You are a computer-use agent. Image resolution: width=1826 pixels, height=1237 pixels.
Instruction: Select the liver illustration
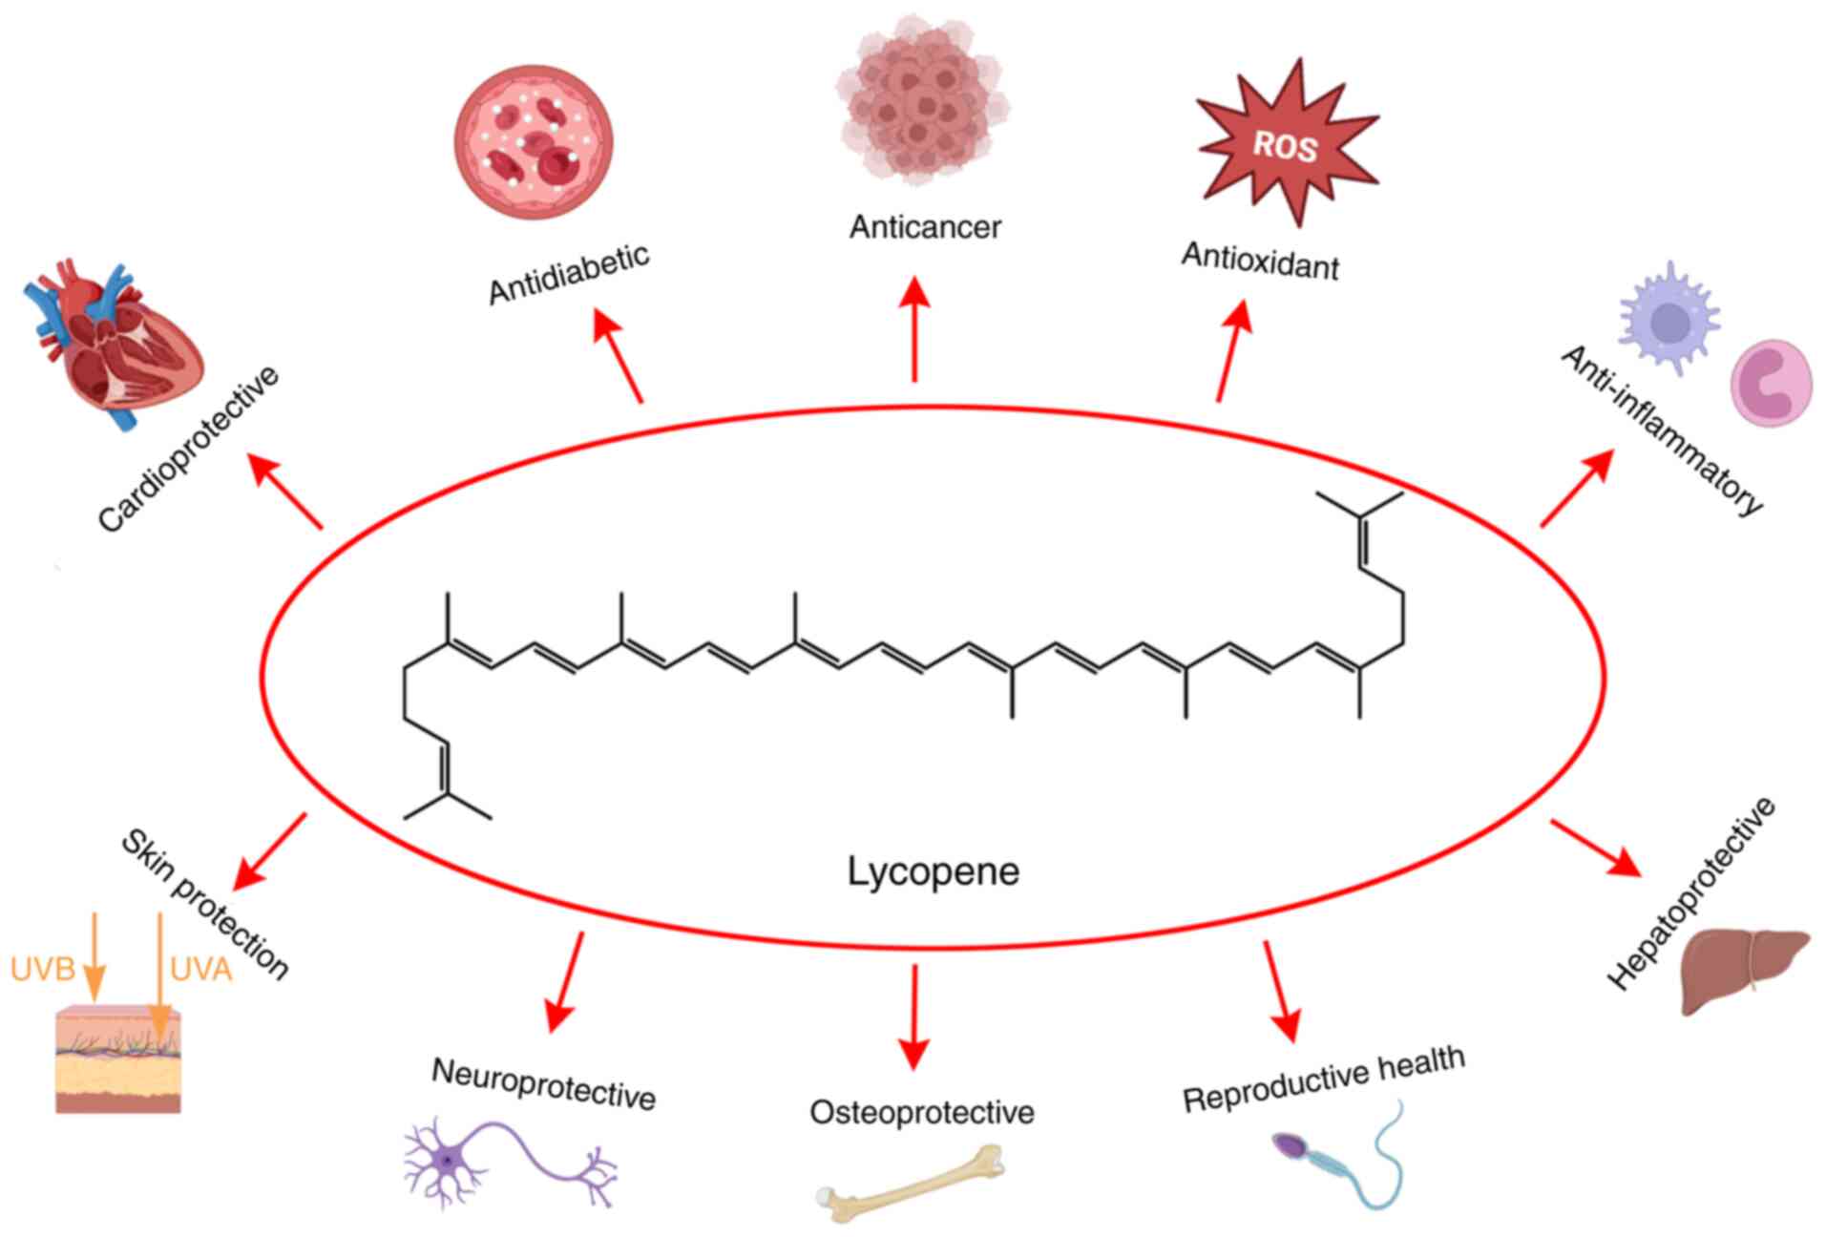pos(1741,969)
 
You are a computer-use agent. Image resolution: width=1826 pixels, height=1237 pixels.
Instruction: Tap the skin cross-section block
pos(118,1059)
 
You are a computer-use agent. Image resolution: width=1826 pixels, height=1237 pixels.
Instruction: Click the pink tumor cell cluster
pos(921,100)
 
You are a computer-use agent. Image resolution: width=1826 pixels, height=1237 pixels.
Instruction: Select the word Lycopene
pos(933,871)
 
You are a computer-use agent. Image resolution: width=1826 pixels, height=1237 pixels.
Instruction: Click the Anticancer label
pos(925,227)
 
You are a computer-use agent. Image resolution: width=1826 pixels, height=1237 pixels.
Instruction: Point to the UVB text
pos(43,970)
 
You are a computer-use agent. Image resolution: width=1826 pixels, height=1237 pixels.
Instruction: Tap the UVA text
pos(201,970)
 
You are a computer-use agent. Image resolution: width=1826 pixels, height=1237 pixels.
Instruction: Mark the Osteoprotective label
pos(921,1113)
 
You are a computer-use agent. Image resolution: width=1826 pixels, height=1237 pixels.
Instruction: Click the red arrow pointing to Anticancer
pos(915,329)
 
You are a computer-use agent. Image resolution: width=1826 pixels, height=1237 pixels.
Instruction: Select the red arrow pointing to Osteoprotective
pos(914,1016)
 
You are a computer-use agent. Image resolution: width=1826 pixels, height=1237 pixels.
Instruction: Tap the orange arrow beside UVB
pos(94,954)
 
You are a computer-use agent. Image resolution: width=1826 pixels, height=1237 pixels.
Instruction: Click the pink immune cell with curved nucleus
pos(1772,383)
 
